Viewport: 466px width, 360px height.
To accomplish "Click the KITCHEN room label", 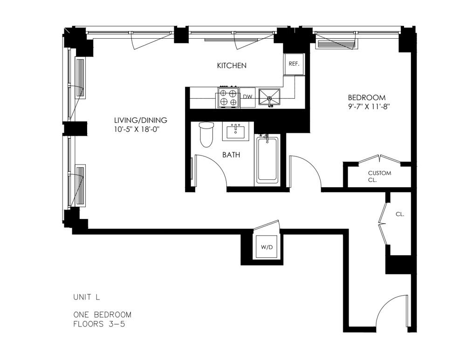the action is click(232, 65).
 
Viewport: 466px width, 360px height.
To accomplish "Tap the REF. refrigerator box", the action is click(294, 64).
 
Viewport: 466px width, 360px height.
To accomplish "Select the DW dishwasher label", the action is click(247, 97).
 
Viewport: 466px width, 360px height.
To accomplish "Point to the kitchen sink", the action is click(269, 97).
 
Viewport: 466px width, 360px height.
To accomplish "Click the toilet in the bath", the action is click(206, 135).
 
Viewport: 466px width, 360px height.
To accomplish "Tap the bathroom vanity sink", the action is click(236, 132).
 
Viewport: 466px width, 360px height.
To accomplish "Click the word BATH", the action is click(231, 155).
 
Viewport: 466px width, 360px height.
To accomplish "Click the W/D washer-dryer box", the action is click(267, 247).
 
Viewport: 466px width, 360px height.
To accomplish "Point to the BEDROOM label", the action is click(367, 97).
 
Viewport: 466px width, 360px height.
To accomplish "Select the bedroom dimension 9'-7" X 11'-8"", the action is click(369, 107).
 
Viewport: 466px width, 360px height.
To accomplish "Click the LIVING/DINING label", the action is click(141, 120).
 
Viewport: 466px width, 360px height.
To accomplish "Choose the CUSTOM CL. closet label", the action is click(379, 177).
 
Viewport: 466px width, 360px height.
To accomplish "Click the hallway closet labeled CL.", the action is click(400, 214).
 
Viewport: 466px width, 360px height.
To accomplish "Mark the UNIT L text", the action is click(87, 297).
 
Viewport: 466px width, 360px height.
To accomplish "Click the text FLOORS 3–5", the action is click(99, 324).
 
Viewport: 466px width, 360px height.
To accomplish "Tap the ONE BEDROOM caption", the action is click(102, 314).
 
